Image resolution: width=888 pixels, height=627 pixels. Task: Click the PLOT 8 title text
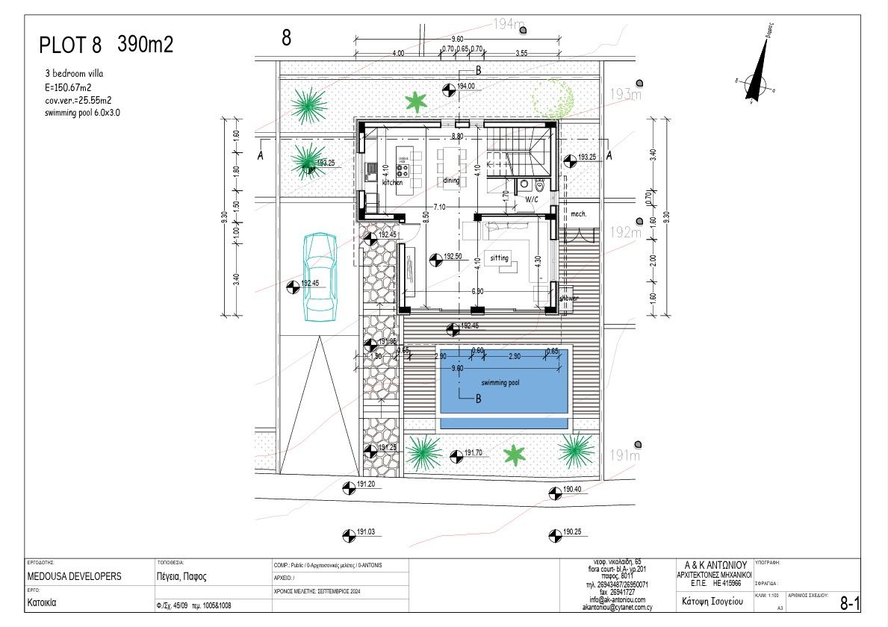[69, 46]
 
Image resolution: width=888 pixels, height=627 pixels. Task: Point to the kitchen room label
[393, 182]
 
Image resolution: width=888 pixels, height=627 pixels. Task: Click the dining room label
[451, 181]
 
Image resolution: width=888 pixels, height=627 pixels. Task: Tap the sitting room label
[499, 258]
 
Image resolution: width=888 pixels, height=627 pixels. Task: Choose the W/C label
[531, 200]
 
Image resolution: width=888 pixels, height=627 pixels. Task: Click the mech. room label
[579, 214]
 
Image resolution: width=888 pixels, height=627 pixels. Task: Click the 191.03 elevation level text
[366, 532]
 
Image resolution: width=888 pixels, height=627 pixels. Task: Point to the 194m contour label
[509, 25]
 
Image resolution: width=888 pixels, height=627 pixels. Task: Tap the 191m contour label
[625, 455]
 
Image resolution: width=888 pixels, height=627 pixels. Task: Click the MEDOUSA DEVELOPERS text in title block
[74, 577]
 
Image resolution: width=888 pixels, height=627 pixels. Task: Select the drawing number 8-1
[850, 604]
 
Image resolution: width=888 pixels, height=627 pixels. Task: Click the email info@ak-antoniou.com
[616, 600]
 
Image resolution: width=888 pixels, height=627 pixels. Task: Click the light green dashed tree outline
[553, 97]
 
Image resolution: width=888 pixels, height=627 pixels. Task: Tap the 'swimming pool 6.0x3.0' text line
[82, 113]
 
